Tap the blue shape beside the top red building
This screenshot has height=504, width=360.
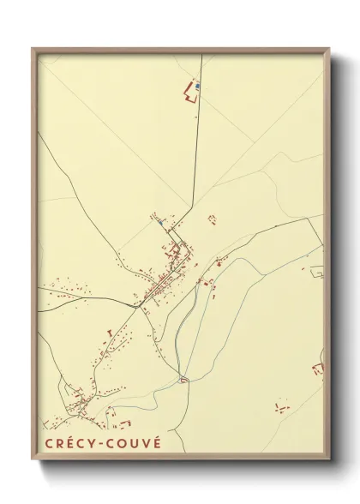[199, 86]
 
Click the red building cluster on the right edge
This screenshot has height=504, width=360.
[319, 369]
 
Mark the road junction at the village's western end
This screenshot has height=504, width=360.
[135, 302]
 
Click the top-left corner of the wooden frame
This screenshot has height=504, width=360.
[33, 47]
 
